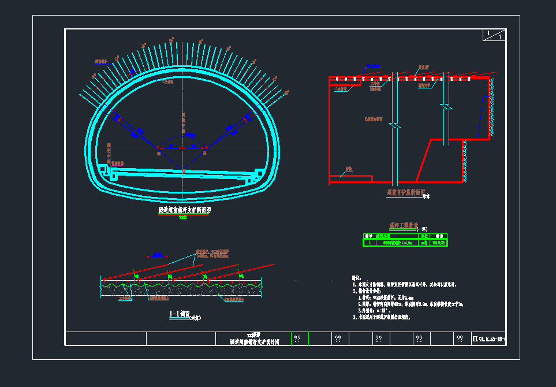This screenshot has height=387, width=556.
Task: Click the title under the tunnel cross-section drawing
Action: tap(184, 211)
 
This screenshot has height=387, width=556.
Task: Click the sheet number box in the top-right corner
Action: tap(494, 35)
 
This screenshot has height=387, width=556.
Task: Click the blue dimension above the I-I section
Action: tap(156, 255)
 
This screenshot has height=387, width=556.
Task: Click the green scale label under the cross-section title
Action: tap(184, 217)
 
